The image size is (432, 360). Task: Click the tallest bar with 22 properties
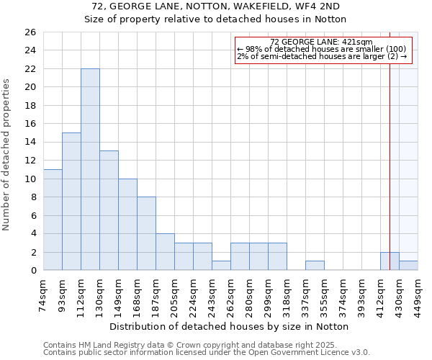(90, 169)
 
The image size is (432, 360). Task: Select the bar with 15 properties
(71, 202)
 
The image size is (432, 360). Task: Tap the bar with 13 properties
(109, 210)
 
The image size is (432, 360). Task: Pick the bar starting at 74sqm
(53, 220)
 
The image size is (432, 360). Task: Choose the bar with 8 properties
(146, 233)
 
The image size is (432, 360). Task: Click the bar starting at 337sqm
(315, 266)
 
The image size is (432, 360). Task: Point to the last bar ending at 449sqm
(408, 266)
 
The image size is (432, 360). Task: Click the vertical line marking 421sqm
(390, 144)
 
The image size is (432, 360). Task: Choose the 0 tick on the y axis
(33, 270)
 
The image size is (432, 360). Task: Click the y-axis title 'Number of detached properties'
(7, 155)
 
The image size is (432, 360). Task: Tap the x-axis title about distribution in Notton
(230, 326)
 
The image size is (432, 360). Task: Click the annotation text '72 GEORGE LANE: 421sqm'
(321, 42)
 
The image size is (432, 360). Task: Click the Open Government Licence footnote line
(207, 353)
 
